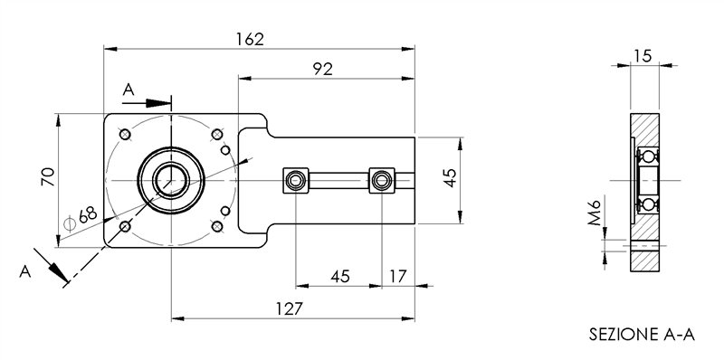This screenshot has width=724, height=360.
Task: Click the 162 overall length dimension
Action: tap(249, 39)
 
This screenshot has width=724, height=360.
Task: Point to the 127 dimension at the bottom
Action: tap(288, 308)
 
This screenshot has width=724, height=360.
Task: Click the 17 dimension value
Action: tap(397, 275)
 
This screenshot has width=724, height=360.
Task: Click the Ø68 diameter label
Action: tap(85, 215)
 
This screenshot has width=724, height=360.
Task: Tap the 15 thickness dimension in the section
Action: tap(643, 56)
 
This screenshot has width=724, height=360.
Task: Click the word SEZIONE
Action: tap(618, 335)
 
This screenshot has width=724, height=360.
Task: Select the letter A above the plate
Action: tap(128, 90)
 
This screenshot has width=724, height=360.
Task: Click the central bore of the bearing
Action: tap(169, 180)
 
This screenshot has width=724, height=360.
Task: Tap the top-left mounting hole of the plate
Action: tap(125, 135)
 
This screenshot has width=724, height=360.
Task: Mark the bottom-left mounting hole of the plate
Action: tap(125, 225)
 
